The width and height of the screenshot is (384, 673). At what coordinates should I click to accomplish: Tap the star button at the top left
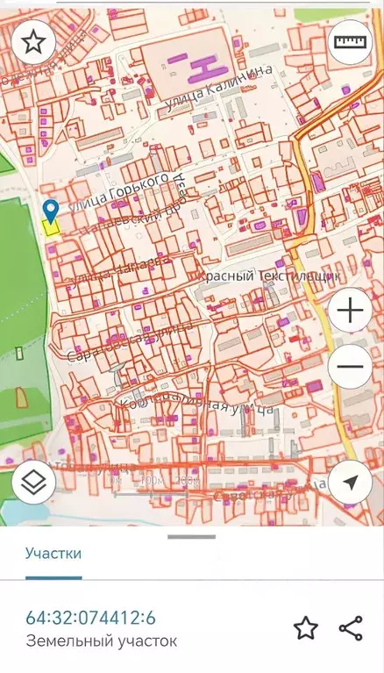point(33,41)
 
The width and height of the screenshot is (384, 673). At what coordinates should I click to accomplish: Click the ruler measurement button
point(350,41)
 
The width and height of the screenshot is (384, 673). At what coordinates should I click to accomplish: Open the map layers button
point(33,482)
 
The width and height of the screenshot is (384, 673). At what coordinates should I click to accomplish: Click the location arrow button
point(350,482)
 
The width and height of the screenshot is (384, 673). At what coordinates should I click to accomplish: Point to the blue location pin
point(51,210)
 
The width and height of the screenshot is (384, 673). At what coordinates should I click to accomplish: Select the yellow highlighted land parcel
point(50,226)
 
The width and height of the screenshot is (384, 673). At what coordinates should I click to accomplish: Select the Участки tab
point(53,553)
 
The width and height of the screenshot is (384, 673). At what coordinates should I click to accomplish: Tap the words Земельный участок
point(101,641)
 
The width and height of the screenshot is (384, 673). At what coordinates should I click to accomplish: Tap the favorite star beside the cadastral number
point(305,627)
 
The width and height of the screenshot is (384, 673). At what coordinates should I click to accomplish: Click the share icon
point(351,627)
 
